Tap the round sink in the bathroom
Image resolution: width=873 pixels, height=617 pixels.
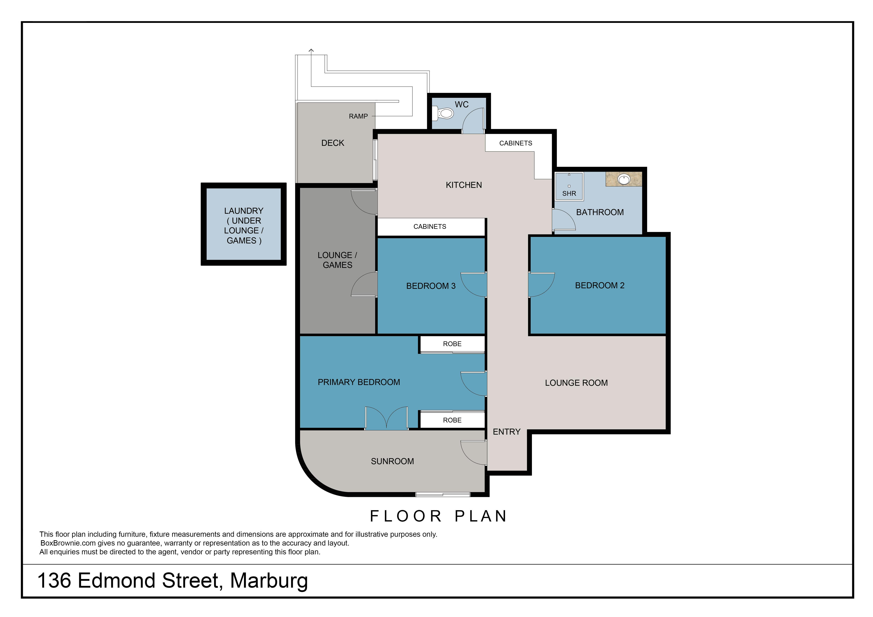(624, 179)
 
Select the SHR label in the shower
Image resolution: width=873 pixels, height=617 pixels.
(569, 193)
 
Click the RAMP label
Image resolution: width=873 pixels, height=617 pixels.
(358, 116)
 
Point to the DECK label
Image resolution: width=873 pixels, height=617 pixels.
(333, 143)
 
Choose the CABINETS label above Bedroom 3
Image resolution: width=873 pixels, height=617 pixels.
(430, 227)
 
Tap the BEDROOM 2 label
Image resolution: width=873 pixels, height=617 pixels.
(600, 285)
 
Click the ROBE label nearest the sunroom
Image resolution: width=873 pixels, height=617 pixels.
(452, 420)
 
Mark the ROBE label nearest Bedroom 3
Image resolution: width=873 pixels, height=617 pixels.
(452, 344)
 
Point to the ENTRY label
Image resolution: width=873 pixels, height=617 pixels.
(506, 432)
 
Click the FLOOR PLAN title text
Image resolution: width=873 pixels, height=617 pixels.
(438, 516)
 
